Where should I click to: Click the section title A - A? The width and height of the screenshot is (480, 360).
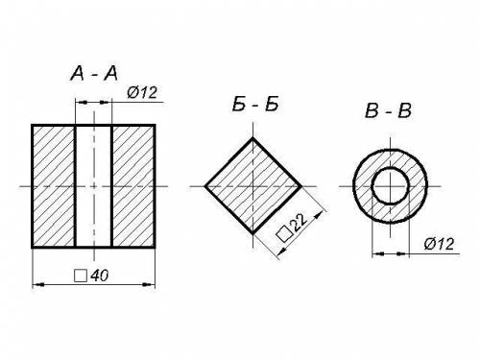pyautogui.click(x=94, y=73)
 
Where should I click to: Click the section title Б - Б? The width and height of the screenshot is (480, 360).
pyautogui.click(x=255, y=104)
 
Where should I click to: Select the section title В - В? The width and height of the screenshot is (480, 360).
pyautogui.click(x=388, y=110)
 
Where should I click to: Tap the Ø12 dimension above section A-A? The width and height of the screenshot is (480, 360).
pyautogui.click(x=142, y=92)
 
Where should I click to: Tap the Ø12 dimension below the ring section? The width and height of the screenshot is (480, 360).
pyautogui.click(x=439, y=244)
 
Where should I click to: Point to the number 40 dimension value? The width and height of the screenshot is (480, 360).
pyautogui.click(x=100, y=276)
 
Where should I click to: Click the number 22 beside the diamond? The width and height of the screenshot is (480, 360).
pyautogui.click(x=299, y=222)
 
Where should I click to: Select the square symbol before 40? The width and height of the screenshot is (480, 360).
pyautogui.click(x=81, y=276)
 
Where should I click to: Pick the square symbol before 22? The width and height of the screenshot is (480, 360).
pyautogui.click(x=284, y=233)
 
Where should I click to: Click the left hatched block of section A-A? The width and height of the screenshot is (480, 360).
pyautogui.click(x=54, y=186)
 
